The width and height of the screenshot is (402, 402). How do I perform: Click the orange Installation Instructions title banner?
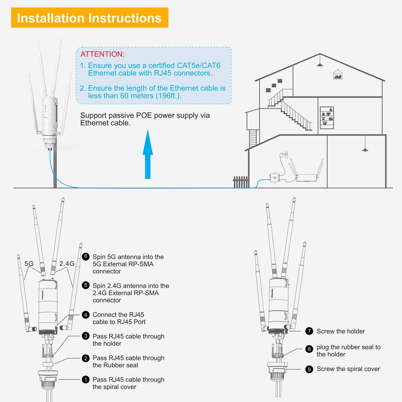(x=90, y=18)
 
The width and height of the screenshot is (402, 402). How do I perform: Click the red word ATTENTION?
(x=102, y=54)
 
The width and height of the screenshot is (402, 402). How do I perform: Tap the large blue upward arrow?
(x=148, y=155)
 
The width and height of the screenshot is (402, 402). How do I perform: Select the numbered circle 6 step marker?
(x=85, y=256)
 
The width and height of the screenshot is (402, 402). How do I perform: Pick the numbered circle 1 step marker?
(x=85, y=379)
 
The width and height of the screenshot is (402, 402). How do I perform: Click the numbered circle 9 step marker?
(x=309, y=369)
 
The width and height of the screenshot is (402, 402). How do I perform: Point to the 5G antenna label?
(x=29, y=264)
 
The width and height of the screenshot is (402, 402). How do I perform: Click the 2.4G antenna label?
(x=67, y=264)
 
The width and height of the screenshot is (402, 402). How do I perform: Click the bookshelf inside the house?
(x=327, y=118)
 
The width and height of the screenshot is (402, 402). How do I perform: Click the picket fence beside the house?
(x=240, y=182)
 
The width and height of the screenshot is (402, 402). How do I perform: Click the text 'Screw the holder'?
(x=341, y=331)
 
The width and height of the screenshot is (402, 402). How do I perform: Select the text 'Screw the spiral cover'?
(x=348, y=369)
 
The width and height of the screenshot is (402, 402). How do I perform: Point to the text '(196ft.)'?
(x=168, y=96)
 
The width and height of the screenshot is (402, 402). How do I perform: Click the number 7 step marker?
(x=309, y=331)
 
